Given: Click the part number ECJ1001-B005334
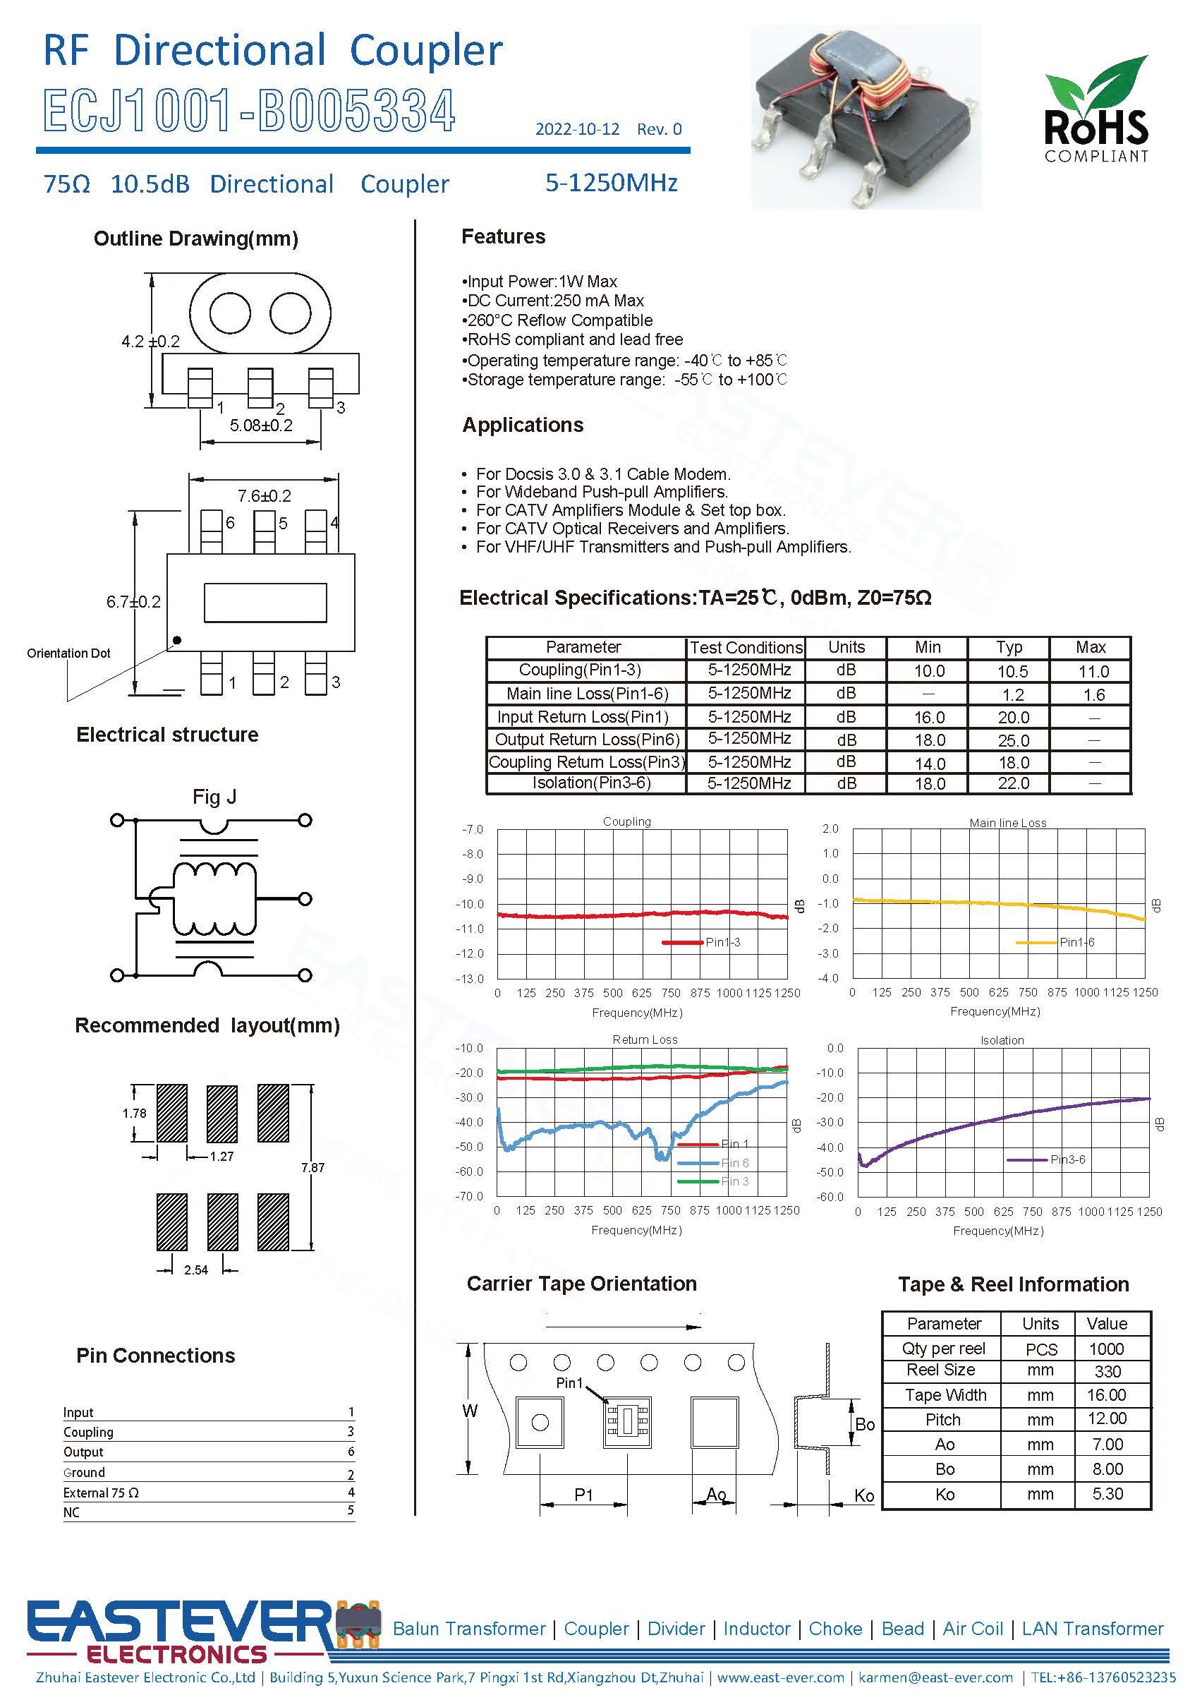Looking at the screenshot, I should coord(249,111).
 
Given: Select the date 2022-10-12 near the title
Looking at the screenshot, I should coord(577,130).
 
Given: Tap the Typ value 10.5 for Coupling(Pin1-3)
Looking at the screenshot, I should coord(1012,672).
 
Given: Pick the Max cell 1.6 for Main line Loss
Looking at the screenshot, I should coord(1093,694).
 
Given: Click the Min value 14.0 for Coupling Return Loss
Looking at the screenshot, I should coord(930,764).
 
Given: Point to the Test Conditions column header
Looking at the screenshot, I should coord(746,648).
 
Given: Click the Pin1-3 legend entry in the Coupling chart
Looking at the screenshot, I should coord(722,942).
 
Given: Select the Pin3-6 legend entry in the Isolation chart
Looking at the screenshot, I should coord(1067,1159).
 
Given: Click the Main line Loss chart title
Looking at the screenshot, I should coord(1007,823).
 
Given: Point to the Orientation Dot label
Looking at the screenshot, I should coord(68,653).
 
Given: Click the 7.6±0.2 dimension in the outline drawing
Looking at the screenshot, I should coord(265,495).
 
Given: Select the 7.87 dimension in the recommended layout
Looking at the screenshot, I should coord(312,1168).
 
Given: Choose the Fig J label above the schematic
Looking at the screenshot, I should coord(214,797).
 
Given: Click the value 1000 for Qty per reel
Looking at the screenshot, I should coord(1106,1349).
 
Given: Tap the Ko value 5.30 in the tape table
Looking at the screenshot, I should coord(1107,1493).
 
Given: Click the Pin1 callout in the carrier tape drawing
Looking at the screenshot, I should coord(569,1383).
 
